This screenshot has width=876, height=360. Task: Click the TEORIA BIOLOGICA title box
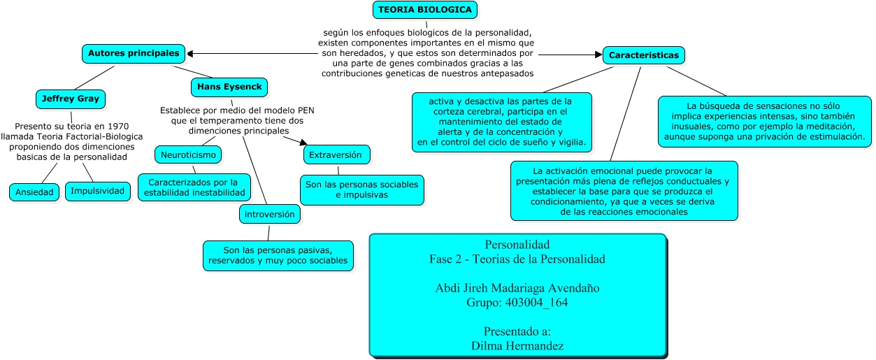coord(426,9)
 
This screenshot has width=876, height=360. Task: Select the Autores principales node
coord(134,53)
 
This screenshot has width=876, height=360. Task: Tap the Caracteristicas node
coord(644,55)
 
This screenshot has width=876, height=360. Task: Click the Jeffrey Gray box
coord(70,99)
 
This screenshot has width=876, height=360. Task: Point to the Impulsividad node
coord(98,191)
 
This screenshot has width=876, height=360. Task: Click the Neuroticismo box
coord(188,154)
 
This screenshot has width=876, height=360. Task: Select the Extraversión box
coord(336,154)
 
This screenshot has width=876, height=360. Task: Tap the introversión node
coord(270,214)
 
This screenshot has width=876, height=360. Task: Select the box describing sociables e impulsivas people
coord(362,190)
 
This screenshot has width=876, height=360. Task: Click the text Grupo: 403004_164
coord(517,303)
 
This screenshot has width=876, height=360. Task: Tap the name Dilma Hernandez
coord(517,345)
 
